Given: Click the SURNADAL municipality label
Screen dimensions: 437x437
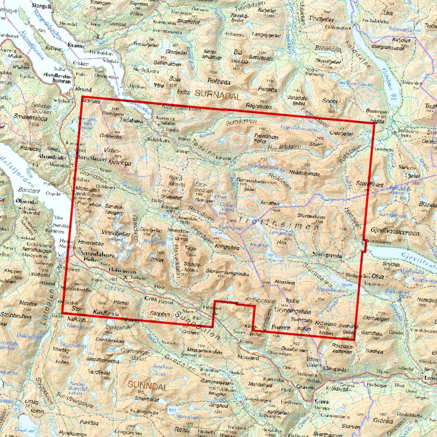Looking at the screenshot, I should coord(218,93).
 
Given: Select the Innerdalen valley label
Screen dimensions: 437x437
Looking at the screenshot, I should coord(202,234).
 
